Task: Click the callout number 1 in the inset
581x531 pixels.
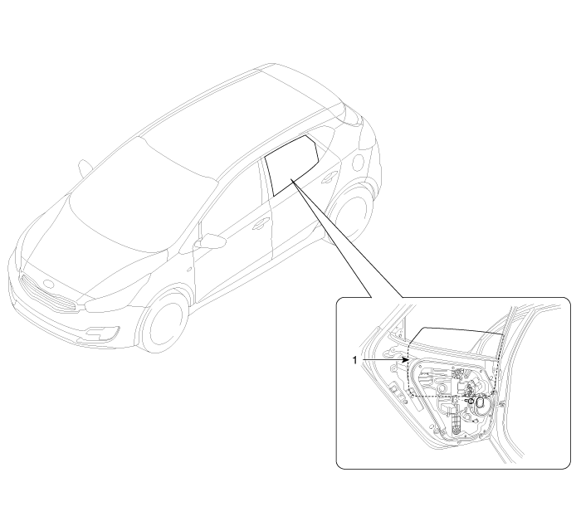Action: tap(354, 359)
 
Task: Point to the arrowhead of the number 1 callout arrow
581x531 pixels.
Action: tap(406, 359)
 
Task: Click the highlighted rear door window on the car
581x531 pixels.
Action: tap(291, 165)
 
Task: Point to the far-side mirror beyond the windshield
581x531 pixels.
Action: tap(85, 168)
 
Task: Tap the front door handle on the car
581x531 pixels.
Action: tap(261, 223)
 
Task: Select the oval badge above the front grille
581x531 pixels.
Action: tap(49, 284)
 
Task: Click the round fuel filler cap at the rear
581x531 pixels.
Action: tap(359, 162)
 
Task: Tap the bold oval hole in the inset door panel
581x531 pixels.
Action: tap(481, 402)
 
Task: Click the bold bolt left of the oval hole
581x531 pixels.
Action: tap(471, 401)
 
